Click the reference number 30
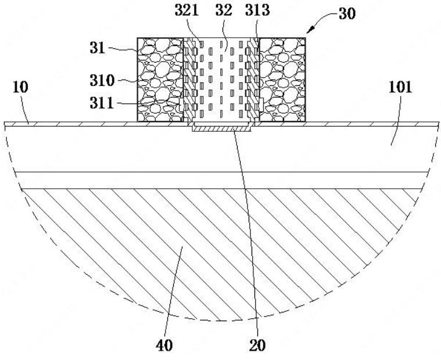(x=347, y=14)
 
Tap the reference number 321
(x=187, y=10)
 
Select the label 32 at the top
(x=224, y=10)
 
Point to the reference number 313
(x=257, y=10)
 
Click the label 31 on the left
(x=97, y=48)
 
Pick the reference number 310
(x=102, y=81)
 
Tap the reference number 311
(x=102, y=103)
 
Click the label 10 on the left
(x=20, y=87)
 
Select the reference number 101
(x=400, y=87)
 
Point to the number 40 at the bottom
(x=164, y=345)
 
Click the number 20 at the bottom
(x=257, y=345)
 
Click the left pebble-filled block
(x=160, y=80)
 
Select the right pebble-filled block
(x=282, y=80)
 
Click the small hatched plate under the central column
(x=221, y=129)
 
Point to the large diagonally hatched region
(x=220, y=247)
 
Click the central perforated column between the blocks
(x=221, y=80)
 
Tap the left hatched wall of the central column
(x=189, y=80)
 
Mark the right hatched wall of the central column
(x=253, y=80)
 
